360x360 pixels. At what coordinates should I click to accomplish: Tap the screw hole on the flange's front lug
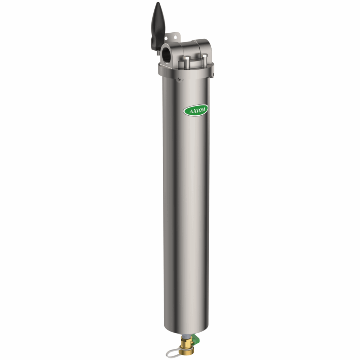click(x=179, y=79)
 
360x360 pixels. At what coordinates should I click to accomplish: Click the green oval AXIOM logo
click(x=196, y=110)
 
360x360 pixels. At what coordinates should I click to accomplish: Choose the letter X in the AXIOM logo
click(x=194, y=111)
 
